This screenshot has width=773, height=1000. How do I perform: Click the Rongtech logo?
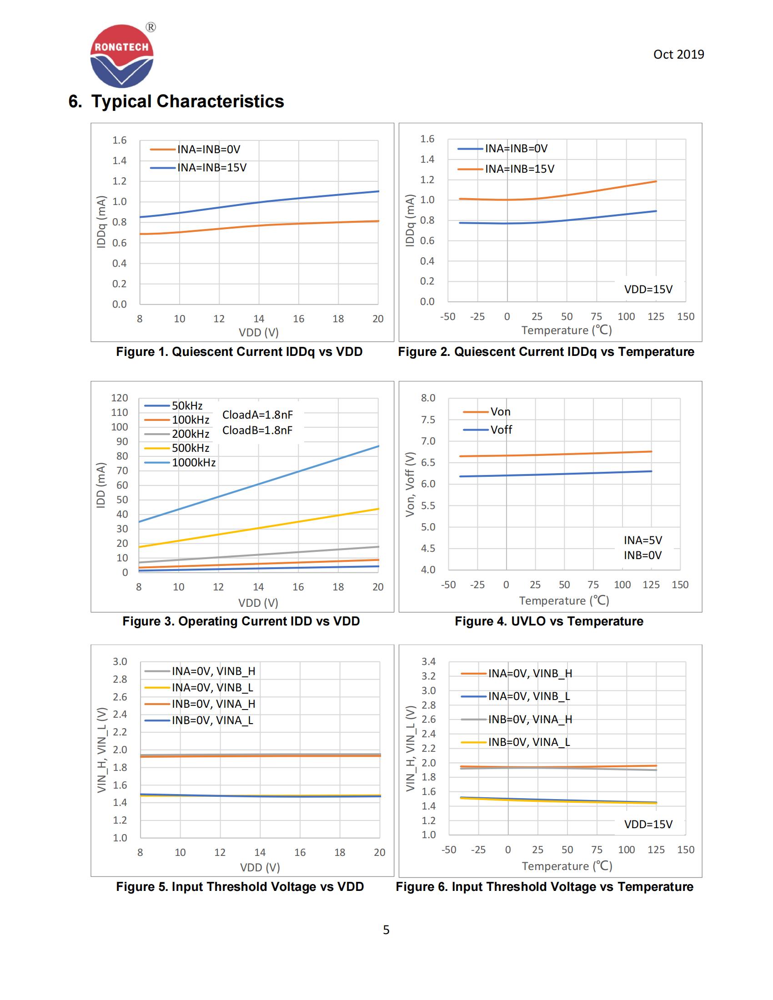click(122, 56)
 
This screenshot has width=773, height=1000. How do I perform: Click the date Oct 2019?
click(678, 55)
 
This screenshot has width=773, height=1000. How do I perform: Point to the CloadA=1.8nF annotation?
click(257, 415)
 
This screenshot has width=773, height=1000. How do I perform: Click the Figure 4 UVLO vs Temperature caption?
click(549, 621)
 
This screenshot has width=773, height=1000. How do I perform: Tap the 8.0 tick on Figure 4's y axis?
click(428, 398)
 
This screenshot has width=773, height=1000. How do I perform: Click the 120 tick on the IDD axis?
click(120, 398)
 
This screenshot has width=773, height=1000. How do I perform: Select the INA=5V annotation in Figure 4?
click(642, 540)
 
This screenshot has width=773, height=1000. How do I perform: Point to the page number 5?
click(386, 930)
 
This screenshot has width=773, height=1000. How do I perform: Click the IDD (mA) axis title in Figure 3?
click(101, 485)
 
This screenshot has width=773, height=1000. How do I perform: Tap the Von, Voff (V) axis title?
click(410, 485)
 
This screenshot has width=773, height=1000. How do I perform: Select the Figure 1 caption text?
click(239, 352)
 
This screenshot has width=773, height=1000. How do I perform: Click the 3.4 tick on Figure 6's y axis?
click(429, 662)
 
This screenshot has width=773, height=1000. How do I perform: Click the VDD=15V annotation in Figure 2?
click(648, 290)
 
